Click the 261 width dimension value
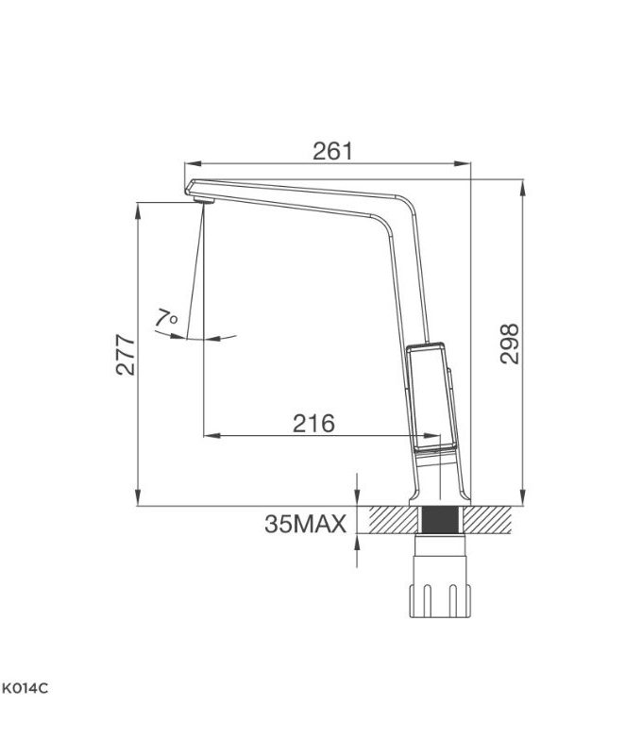click(331, 151)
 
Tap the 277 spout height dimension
click(127, 354)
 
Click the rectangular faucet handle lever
click(428, 396)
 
